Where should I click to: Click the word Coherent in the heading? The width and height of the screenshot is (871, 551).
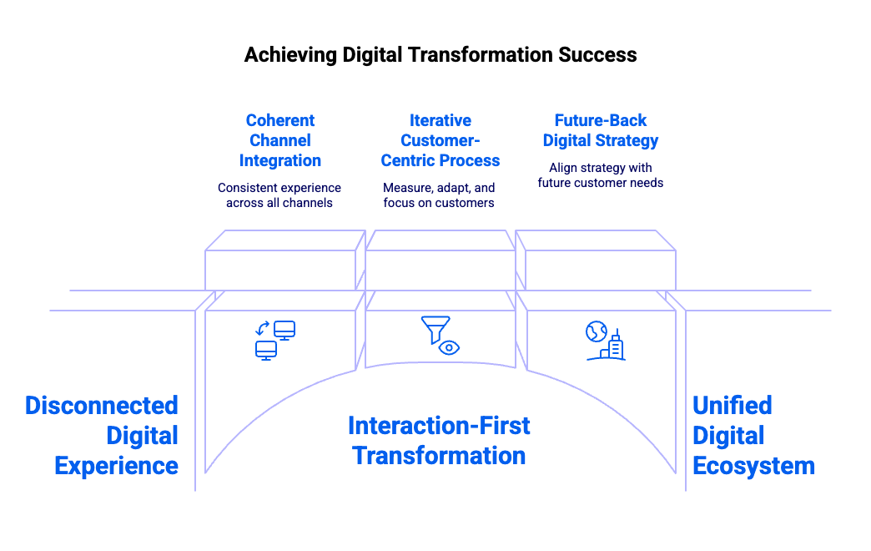280,120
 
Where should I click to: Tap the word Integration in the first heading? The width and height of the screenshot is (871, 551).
280,160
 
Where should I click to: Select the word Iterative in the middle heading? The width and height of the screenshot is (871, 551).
441,120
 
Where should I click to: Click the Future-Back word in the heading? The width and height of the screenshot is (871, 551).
601,120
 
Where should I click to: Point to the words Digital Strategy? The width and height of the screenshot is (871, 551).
601,140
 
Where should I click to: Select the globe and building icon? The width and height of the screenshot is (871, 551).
605,341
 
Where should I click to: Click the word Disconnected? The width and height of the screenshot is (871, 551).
102,406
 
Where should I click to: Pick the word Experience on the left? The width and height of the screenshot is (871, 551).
116,466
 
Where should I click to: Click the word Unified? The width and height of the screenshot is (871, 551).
733,406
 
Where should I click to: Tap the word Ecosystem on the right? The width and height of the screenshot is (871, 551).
753,466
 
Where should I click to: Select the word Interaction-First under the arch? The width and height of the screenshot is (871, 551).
439,426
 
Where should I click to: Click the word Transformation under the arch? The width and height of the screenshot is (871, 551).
439,456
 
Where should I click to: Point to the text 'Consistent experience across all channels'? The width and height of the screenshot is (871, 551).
279,195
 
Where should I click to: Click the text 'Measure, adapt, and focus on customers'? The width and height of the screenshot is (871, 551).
439,195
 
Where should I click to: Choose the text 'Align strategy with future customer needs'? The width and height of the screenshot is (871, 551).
601,175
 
